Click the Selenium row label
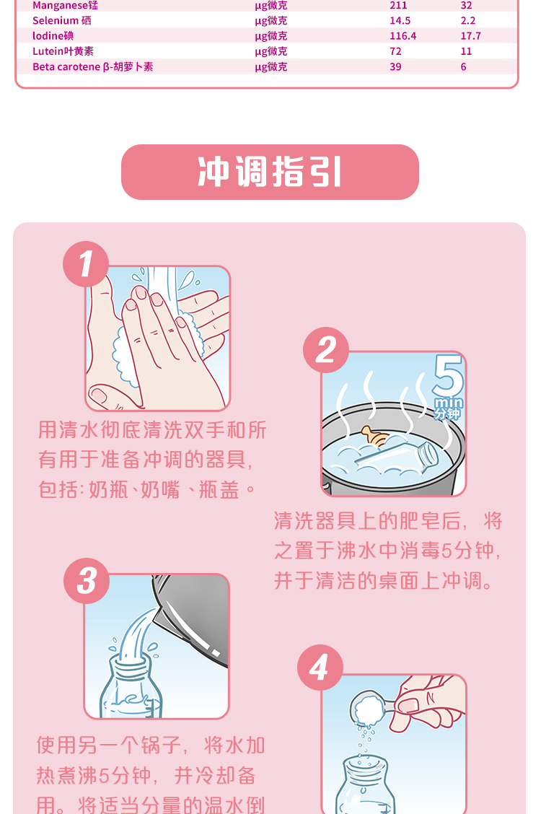pos(62,21)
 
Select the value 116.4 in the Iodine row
pos(403,36)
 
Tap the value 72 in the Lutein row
pos(395,51)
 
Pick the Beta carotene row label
pos(93,67)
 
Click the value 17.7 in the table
pos(470,36)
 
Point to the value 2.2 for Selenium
pos(468,21)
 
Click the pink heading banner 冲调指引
pos(270,172)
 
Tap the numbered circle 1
pos(86,264)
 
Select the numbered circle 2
pos(326,350)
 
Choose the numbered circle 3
pos(87,581)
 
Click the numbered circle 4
pos(320,668)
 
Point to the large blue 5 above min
pos(448,375)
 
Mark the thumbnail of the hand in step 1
pos(98,396)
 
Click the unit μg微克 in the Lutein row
pos(270,51)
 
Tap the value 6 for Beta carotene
pos(463,67)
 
